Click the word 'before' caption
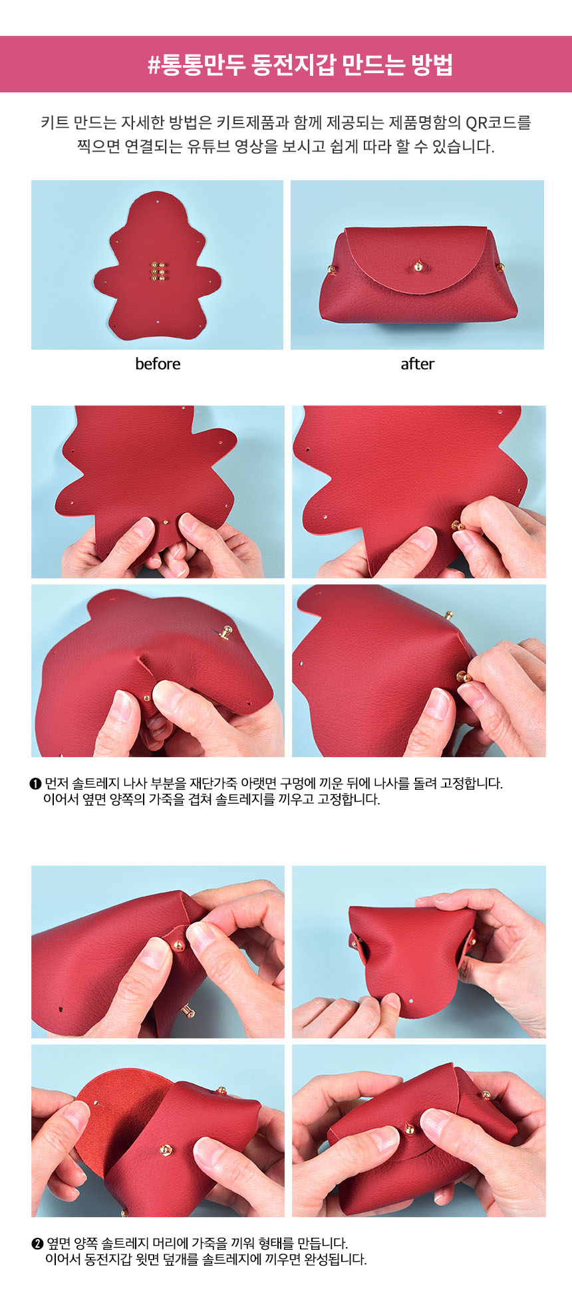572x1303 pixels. (158, 364)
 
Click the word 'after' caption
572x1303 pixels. (417, 364)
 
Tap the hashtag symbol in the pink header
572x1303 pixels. (154, 65)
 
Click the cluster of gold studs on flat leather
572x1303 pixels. (158, 271)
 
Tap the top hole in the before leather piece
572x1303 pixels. (158, 198)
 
